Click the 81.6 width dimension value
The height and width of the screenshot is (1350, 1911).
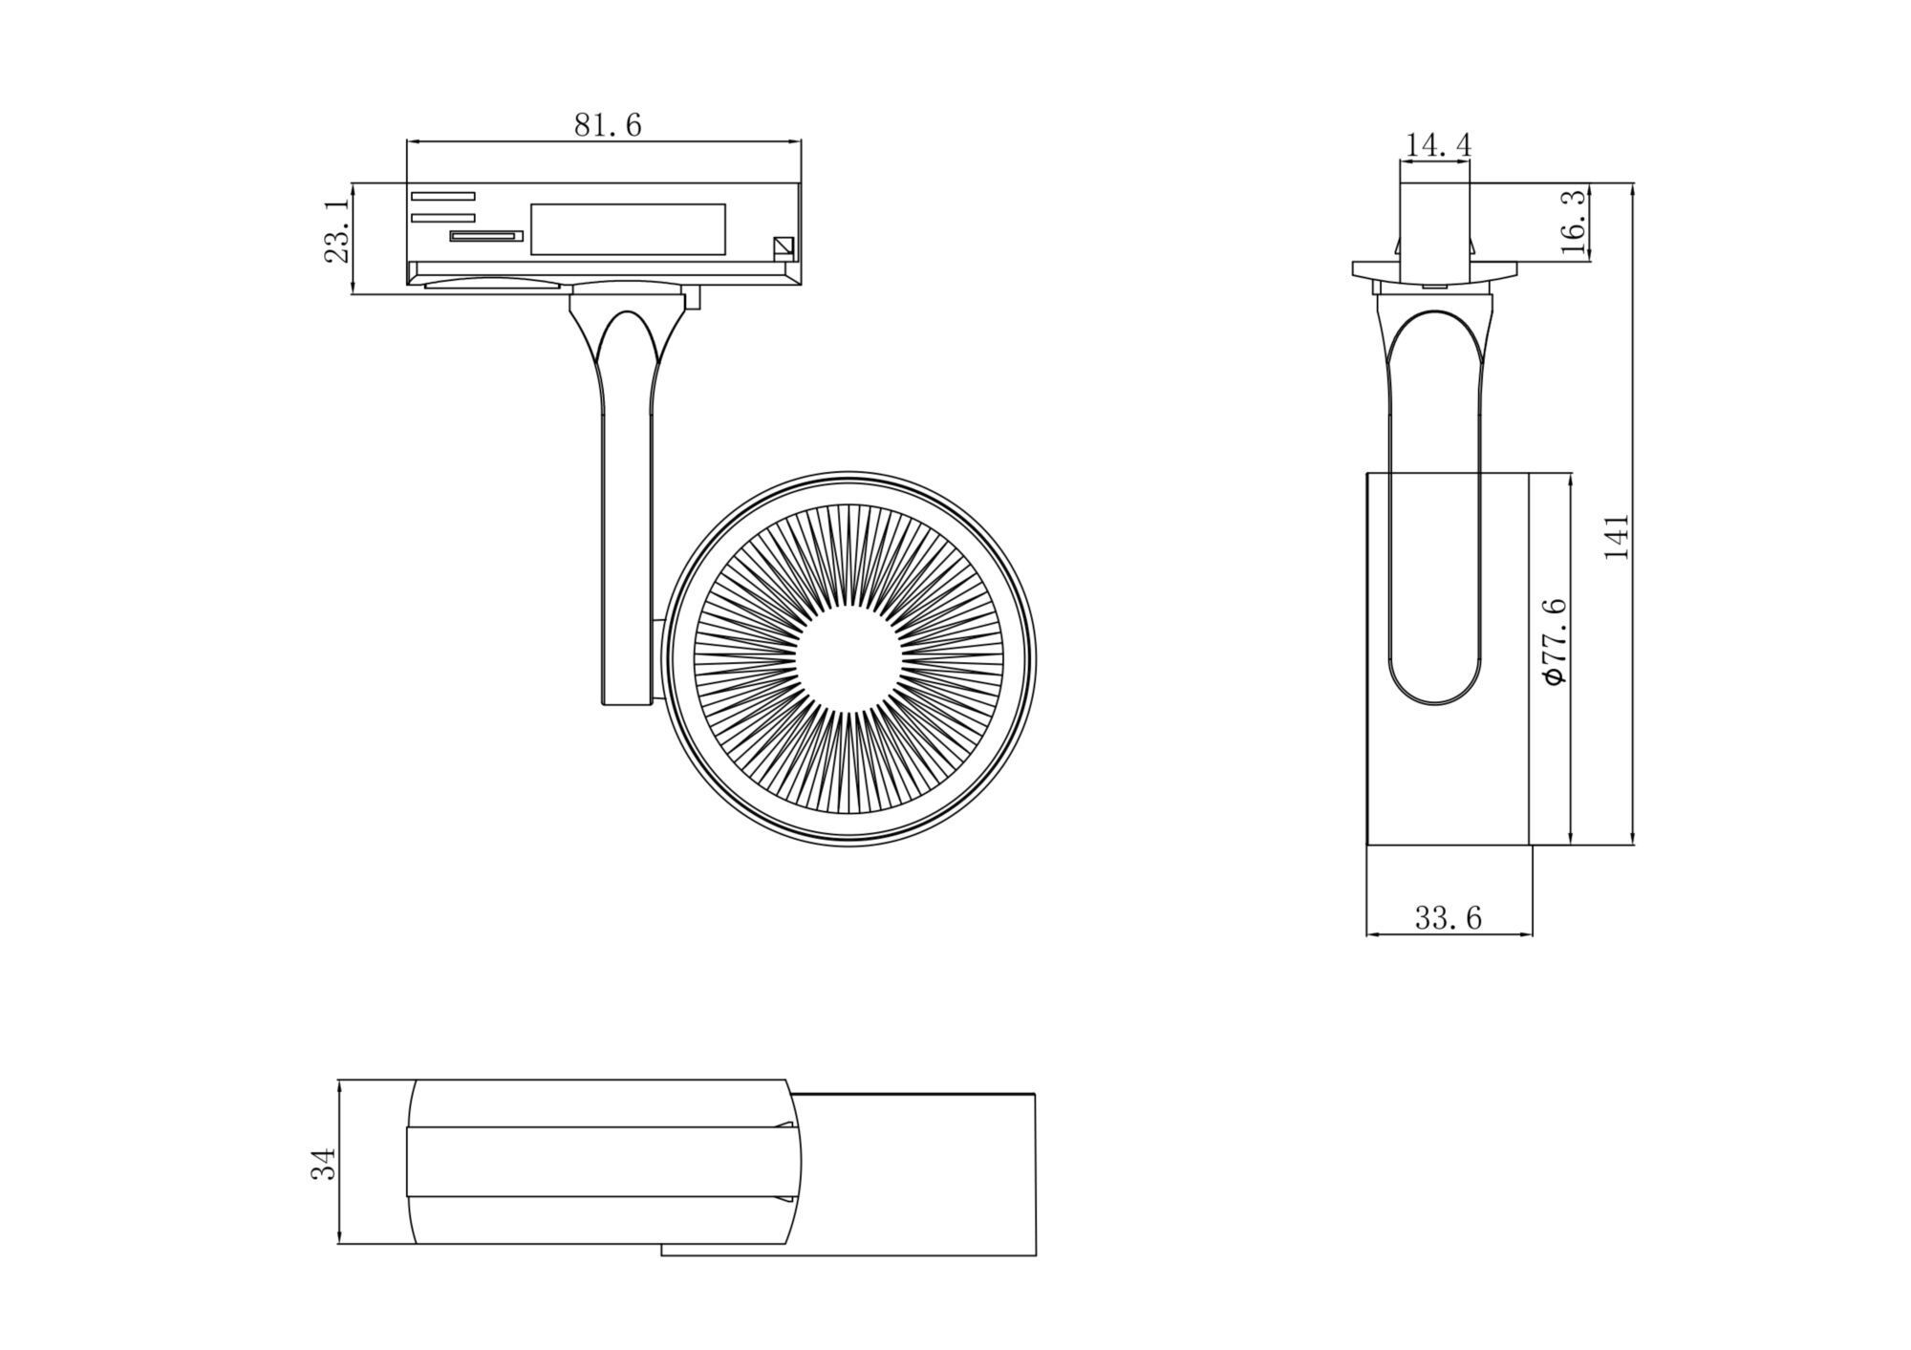(607, 125)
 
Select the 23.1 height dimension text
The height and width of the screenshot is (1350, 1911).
(335, 232)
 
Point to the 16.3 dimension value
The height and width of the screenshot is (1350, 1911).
(1573, 222)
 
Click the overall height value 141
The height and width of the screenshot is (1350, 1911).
(1617, 536)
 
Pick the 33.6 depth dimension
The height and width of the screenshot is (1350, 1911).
(1448, 918)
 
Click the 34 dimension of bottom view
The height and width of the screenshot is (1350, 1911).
(325, 1164)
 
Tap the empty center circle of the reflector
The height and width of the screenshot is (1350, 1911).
(848, 659)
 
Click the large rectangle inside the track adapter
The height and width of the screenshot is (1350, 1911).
(628, 229)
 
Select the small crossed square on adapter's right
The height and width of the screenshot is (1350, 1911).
(784, 247)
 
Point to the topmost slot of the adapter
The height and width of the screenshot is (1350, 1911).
(443, 196)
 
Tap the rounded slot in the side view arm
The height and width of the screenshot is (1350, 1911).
(1435, 506)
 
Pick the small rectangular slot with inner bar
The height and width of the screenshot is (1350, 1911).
(486, 235)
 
